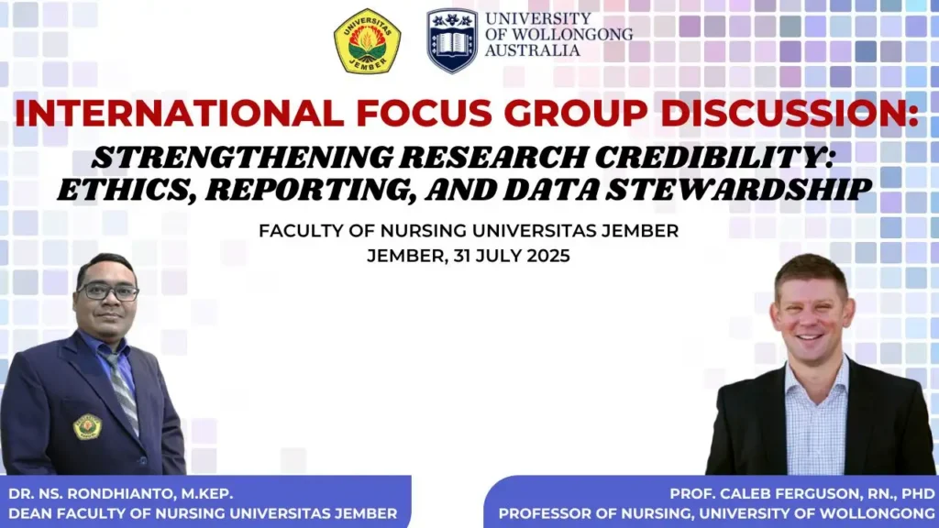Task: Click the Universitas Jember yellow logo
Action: (367, 41)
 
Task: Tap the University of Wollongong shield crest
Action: (452, 40)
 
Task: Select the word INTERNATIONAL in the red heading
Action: (179, 113)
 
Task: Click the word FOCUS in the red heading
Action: (424, 113)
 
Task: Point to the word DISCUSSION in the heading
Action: (790, 113)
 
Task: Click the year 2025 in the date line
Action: (548, 257)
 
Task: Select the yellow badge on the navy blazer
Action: (87, 427)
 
